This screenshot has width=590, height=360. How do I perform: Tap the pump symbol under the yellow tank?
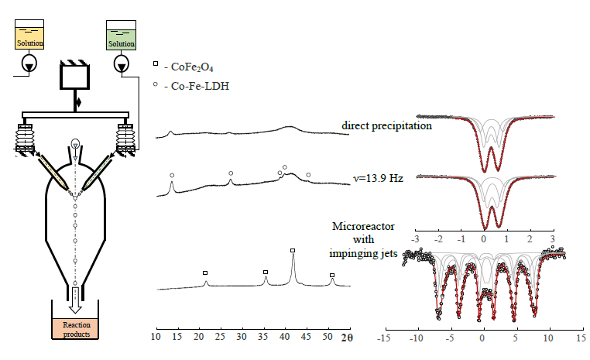[29, 63]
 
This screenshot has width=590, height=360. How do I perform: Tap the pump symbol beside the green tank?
[121, 64]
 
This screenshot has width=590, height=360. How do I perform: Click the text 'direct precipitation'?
[386, 125]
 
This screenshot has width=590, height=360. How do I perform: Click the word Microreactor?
[364, 226]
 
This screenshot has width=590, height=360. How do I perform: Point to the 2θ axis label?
[347, 338]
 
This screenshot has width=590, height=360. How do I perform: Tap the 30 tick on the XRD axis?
[242, 338]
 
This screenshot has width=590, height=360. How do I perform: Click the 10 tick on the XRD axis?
[156, 338]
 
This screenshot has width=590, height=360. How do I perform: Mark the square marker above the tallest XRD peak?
[293, 250]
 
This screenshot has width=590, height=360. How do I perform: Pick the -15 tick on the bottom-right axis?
[382, 338]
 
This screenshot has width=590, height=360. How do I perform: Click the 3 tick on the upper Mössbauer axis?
[552, 239]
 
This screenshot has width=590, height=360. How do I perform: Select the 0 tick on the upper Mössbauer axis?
[484, 239]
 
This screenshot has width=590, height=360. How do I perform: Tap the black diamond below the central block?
[77, 101]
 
